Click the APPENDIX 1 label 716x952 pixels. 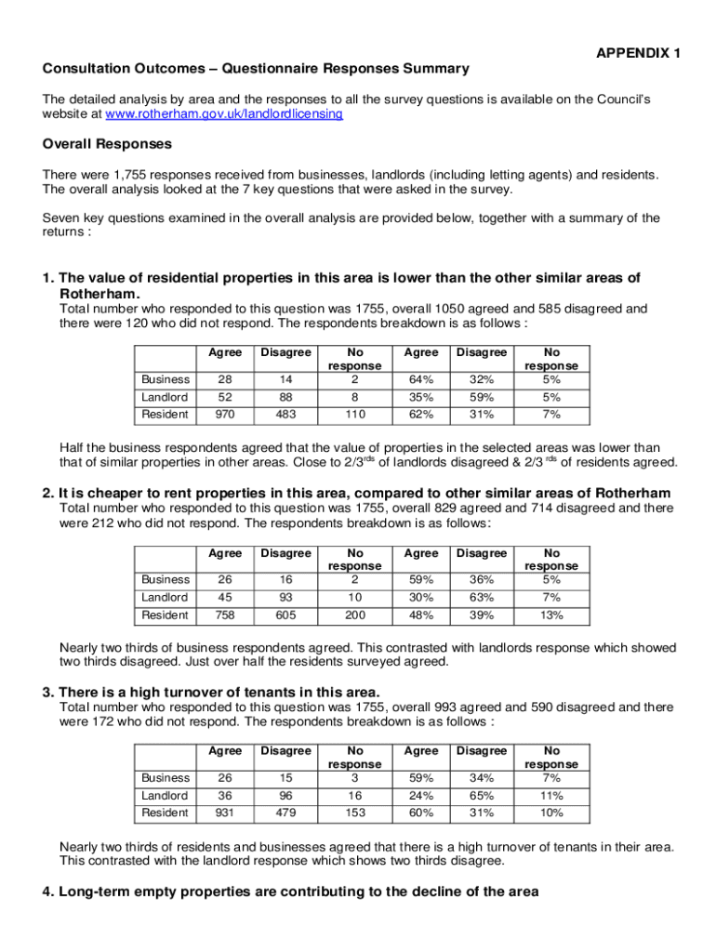coord(638,53)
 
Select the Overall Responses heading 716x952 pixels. coord(107,144)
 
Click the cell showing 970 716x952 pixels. coord(225,414)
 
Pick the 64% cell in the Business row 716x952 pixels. coord(421,378)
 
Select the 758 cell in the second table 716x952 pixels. coord(225,615)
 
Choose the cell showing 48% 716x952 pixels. coord(421,615)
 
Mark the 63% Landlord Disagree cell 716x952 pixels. coord(481,597)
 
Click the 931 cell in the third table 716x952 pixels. coord(225,813)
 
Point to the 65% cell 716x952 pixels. coord(481,795)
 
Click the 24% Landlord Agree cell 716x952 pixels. coord(421,795)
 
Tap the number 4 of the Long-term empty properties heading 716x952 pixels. coord(47,892)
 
